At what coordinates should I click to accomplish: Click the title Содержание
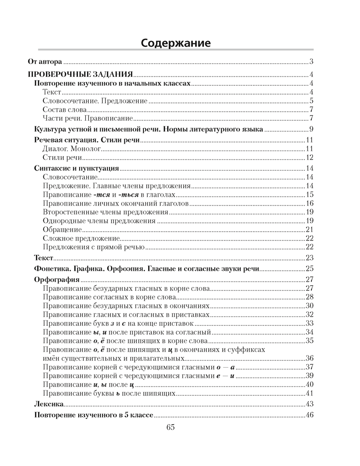(176, 43)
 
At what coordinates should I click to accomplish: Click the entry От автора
(45, 61)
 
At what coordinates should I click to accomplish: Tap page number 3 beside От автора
(311, 61)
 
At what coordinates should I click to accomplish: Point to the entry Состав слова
(65, 110)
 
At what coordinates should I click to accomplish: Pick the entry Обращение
(62, 230)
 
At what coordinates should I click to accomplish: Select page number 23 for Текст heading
(309, 258)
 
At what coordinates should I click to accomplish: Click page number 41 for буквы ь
(309, 393)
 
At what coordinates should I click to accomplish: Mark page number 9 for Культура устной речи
(311, 129)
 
